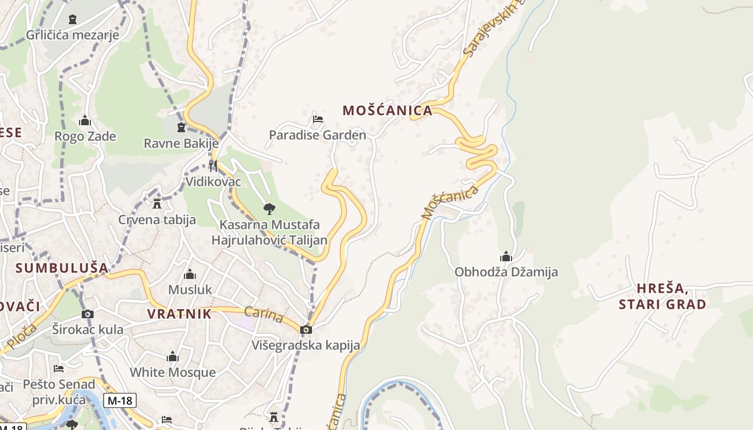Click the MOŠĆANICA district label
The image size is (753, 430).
click(387, 111)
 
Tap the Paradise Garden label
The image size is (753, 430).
click(317, 135)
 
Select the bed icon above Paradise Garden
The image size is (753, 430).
click(318, 119)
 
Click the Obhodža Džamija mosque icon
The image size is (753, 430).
click(506, 256)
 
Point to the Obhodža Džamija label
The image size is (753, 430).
click(506, 272)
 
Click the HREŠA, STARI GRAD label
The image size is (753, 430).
click(662, 297)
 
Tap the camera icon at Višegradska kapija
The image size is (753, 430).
click(306, 329)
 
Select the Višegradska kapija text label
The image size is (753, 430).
click(306, 345)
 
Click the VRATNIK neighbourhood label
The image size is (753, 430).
click(180, 314)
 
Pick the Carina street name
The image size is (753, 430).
click(264, 315)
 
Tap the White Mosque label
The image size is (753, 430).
click(173, 372)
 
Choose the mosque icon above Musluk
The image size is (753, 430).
click(190, 275)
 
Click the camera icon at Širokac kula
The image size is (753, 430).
click(88, 314)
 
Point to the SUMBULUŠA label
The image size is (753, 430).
click(62, 268)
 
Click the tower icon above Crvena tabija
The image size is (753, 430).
click(157, 204)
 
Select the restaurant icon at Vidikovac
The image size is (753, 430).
click(213, 166)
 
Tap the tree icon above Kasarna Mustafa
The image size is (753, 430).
click(269, 209)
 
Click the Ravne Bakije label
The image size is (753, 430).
click(181, 144)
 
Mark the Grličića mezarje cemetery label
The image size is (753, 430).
click(73, 35)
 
